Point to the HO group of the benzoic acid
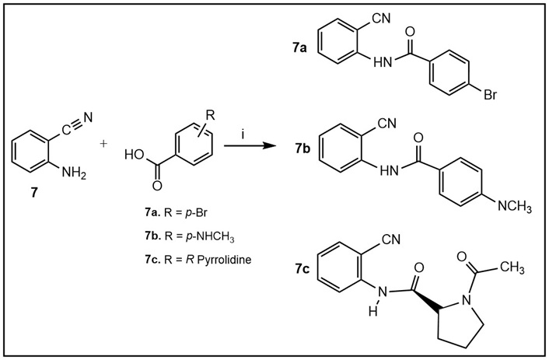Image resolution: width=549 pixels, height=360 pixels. click(133, 156)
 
